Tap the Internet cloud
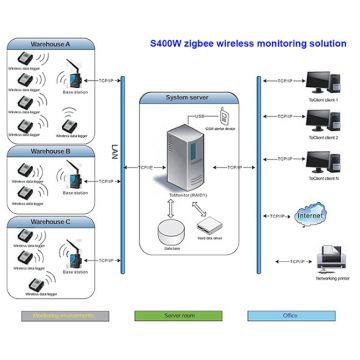pos(314,214)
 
